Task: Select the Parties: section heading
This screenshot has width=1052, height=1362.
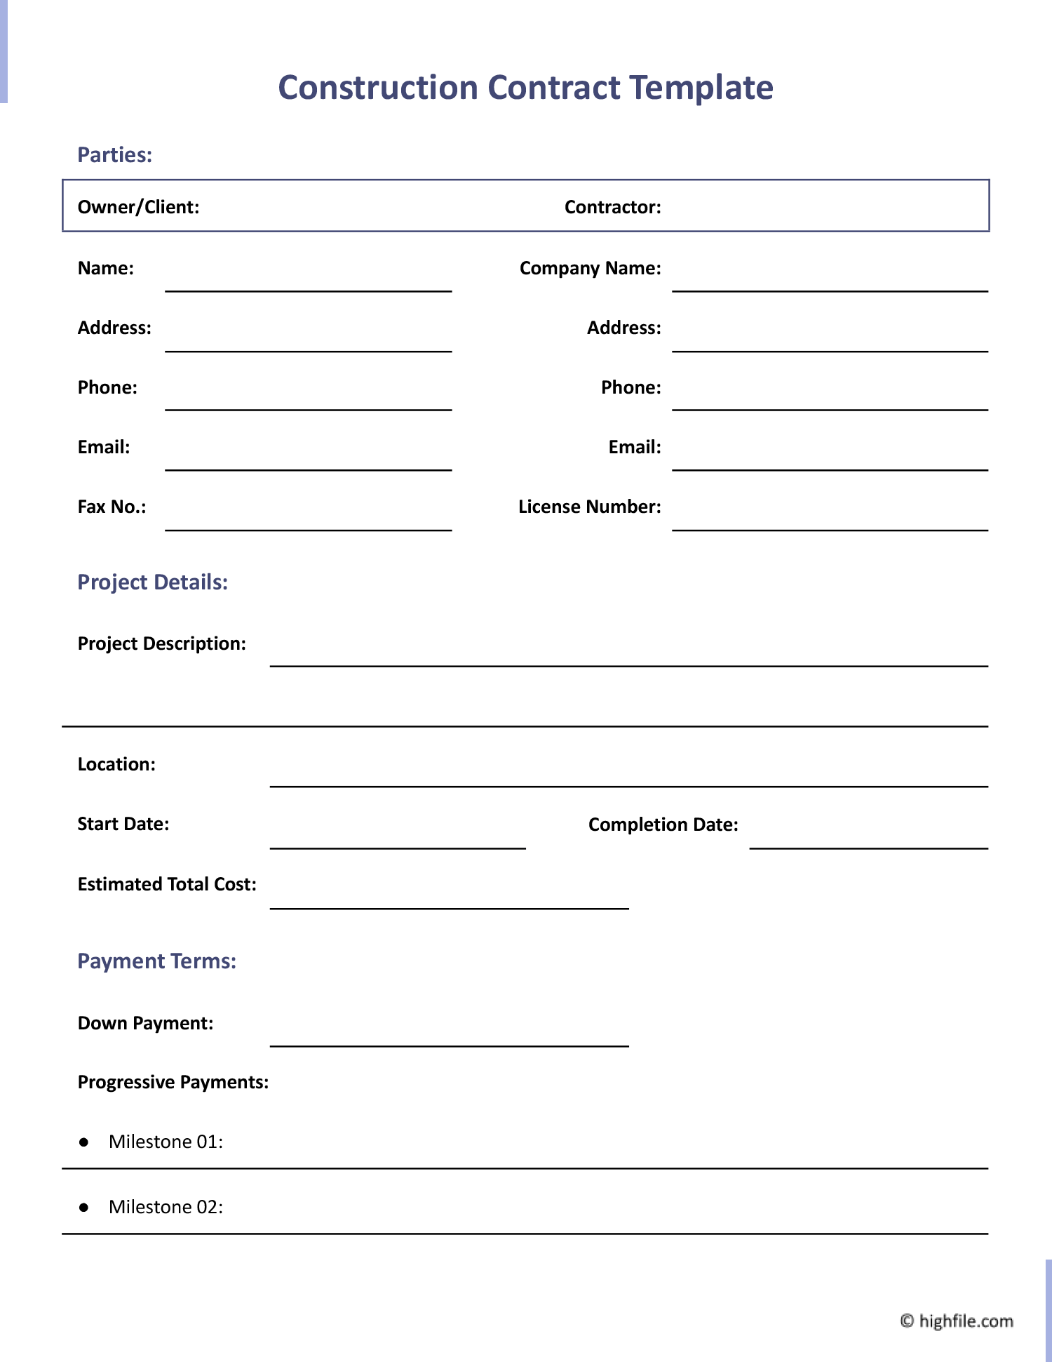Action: [x=114, y=155]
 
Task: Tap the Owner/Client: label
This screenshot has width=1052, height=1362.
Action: [x=138, y=207]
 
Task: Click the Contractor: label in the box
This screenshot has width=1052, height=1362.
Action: [x=612, y=207]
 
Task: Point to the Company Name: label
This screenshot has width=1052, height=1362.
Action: [x=590, y=268]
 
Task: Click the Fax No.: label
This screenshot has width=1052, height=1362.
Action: [x=112, y=507]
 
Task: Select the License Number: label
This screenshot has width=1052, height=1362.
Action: [x=589, y=507]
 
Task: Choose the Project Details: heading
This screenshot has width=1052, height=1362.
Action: [x=152, y=582]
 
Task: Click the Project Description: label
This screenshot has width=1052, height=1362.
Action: [x=161, y=643]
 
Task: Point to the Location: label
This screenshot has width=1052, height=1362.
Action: [x=116, y=764]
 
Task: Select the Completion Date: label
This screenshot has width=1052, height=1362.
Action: [x=663, y=824]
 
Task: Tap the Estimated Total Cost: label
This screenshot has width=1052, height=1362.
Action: [x=167, y=884]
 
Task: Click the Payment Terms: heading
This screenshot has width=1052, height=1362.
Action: [x=156, y=961]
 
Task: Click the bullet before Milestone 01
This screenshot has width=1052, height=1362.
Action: [x=84, y=1142]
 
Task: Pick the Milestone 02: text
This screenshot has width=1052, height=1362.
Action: [x=166, y=1207]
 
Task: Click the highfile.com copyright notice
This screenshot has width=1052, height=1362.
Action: [x=957, y=1321]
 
